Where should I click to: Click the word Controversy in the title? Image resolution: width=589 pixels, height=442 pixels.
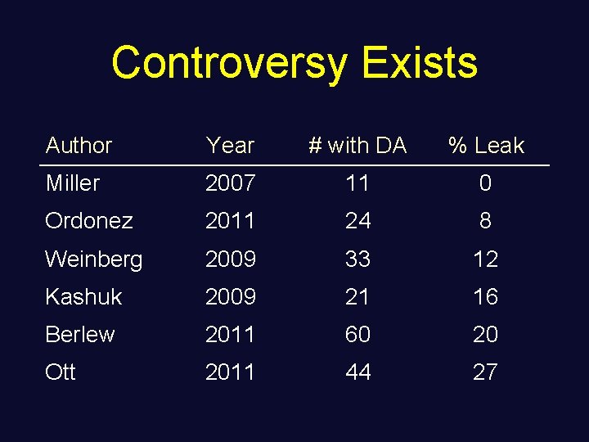tap(230, 63)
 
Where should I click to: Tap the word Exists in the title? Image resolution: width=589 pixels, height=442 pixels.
tap(419, 63)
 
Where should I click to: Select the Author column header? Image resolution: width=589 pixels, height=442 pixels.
tap(79, 146)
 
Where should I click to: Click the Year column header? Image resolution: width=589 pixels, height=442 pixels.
tap(230, 146)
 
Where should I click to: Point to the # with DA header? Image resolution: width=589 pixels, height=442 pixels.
tap(357, 146)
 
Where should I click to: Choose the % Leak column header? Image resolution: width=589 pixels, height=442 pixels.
tap(486, 146)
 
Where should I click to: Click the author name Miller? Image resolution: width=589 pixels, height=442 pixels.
tap(72, 183)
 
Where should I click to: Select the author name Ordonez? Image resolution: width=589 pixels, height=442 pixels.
tap(89, 221)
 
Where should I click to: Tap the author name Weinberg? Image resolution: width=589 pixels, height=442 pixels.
tap(94, 259)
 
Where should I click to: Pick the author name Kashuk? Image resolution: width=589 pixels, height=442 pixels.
tap(83, 296)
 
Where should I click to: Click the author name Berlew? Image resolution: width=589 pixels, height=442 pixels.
tap(80, 334)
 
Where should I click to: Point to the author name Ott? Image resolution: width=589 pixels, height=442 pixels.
tap(61, 372)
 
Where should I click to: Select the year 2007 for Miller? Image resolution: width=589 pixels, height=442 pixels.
tap(230, 183)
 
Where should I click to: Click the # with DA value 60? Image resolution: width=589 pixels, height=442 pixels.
tap(357, 334)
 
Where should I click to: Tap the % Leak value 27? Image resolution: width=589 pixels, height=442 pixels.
tap(485, 372)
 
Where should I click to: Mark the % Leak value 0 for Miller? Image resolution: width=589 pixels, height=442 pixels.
tap(485, 183)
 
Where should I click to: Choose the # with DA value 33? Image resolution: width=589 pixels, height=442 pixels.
tap(357, 259)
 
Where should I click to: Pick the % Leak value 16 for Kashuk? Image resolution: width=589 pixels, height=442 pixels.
tap(485, 296)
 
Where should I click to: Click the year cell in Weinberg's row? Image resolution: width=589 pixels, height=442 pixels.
tap(230, 259)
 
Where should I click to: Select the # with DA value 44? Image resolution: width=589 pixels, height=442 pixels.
tap(357, 372)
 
